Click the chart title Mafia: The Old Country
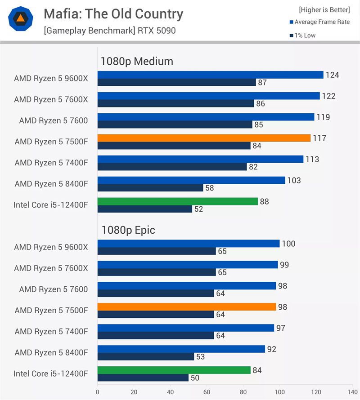[x=113, y=14]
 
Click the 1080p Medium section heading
[x=137, y=61]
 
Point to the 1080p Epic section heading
[x=128, y=230]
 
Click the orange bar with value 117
[x=204, y=138]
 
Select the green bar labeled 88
[x=177, y=201]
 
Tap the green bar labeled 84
[x=174, y=370]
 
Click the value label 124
[x=332, y=75]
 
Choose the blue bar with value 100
[x=188, y=244]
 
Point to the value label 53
[x=201, y=357]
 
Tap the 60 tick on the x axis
[x=207, y=391]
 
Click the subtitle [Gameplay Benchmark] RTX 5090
[x=109, y=31]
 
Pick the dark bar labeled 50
[x=143, y=378]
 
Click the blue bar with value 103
[x=191, y=180]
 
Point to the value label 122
[x=328, y=96]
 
